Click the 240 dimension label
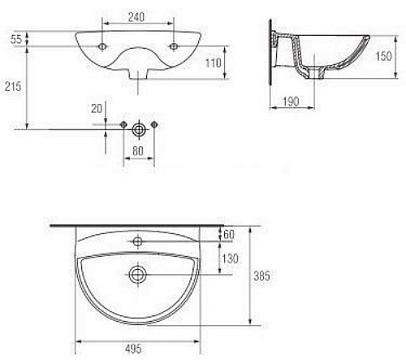136,17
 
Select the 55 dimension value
16,39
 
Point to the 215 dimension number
13,86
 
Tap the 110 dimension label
214,63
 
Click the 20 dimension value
97,109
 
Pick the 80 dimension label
138,151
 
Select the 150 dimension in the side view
383,56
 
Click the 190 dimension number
291,102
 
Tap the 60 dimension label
229,234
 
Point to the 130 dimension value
231,258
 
